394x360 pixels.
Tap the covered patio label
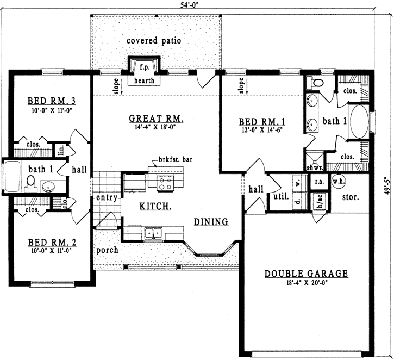point(154,41)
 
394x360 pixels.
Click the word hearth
point(145,80)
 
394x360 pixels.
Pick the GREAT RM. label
point(156,118)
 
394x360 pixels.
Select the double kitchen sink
point(154,233)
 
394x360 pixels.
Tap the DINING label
point(211,222)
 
